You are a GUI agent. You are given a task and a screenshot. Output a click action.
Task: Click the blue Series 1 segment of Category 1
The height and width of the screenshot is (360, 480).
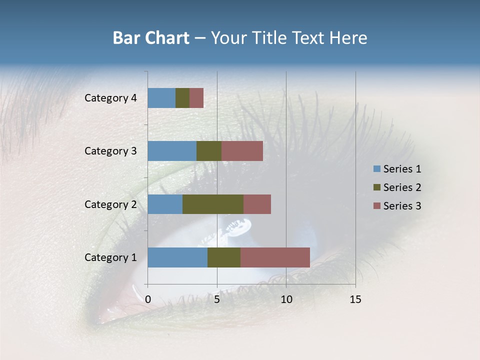coord(177,257)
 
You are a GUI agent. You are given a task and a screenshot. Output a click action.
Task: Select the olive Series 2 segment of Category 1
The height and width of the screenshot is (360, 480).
coord(224,257)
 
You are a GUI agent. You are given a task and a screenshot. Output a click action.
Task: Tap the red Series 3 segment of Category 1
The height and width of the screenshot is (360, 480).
coord(275,257)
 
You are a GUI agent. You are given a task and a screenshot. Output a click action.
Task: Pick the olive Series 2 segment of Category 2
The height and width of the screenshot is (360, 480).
coord(213,204)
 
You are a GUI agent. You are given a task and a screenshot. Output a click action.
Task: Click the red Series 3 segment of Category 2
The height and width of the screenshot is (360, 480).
coord(257,204)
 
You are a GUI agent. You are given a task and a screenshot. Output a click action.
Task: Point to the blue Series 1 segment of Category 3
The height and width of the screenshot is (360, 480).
coord(172,151)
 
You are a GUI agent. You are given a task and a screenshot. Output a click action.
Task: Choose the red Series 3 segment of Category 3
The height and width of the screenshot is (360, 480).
coord(242,151)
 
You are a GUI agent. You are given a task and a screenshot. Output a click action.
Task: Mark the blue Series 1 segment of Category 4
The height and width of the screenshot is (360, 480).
coord(161,98)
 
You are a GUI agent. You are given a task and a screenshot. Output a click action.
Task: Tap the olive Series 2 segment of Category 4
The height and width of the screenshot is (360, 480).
coord(182,98)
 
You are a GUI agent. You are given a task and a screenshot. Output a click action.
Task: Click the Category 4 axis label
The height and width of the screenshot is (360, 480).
coord(110,98)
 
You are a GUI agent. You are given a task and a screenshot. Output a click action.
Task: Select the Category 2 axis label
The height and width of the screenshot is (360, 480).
coord(110,204)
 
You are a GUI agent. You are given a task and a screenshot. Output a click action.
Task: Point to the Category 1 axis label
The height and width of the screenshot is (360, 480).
coord(110,257)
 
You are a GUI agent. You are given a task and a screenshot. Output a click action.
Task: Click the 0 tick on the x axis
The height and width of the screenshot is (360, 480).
coord(148,299)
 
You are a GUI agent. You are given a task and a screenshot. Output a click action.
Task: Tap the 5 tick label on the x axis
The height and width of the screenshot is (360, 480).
coord(217,299)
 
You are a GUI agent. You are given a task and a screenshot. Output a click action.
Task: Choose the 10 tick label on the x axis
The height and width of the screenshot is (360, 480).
coord(286,299)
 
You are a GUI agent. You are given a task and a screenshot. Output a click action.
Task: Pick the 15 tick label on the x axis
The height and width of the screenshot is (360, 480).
coord(355,299)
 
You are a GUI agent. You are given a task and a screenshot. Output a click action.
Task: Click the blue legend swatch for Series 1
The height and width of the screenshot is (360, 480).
coord(376,169)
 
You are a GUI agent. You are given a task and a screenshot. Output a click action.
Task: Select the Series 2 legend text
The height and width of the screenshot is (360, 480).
coord(402,187)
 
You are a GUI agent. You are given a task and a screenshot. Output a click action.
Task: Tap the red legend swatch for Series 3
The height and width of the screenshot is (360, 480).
coord(376,206)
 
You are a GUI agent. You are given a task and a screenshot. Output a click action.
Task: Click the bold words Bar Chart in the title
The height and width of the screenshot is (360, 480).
coord(151,38)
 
